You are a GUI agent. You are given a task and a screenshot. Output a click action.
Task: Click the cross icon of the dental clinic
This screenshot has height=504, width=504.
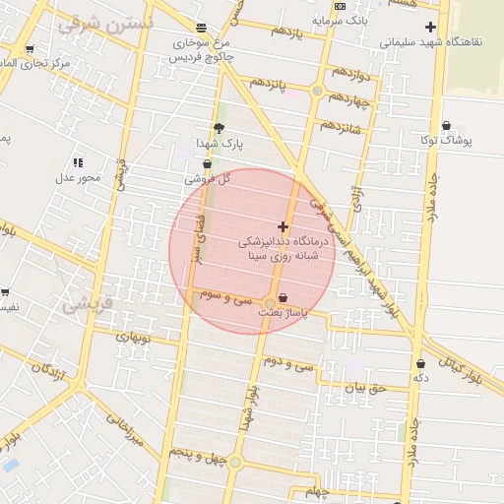click(x=283, y=226)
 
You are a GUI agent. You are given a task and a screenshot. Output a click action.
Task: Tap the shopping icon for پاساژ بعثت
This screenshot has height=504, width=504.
click(x=283, y=297)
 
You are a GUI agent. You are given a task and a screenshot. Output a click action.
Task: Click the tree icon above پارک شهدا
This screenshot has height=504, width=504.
click(x=219, y=127)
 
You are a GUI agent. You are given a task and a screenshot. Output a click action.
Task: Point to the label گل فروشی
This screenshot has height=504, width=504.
click(x=208, y=179)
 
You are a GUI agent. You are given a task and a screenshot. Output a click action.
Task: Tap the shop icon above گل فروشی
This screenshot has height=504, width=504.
click(x=207, y=164)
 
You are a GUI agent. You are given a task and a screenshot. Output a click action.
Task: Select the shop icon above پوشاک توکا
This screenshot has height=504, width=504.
click(x=447, y=126)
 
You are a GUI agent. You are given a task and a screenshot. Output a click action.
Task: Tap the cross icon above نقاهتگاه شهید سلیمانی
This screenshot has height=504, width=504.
click(x=429, y=27)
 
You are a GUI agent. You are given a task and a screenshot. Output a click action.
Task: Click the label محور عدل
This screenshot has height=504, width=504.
click(x=78, y=177)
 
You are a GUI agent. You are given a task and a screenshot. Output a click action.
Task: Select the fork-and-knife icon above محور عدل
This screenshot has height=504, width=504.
click(x=78, y=162)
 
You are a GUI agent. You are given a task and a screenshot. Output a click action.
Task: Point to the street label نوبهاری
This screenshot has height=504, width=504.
click(x=132, y=337)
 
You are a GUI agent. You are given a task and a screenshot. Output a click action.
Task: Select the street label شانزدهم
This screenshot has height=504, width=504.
click(x=339, y=128)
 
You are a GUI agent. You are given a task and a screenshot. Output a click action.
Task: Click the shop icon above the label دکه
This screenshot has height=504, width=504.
click(x=421, y=363)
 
